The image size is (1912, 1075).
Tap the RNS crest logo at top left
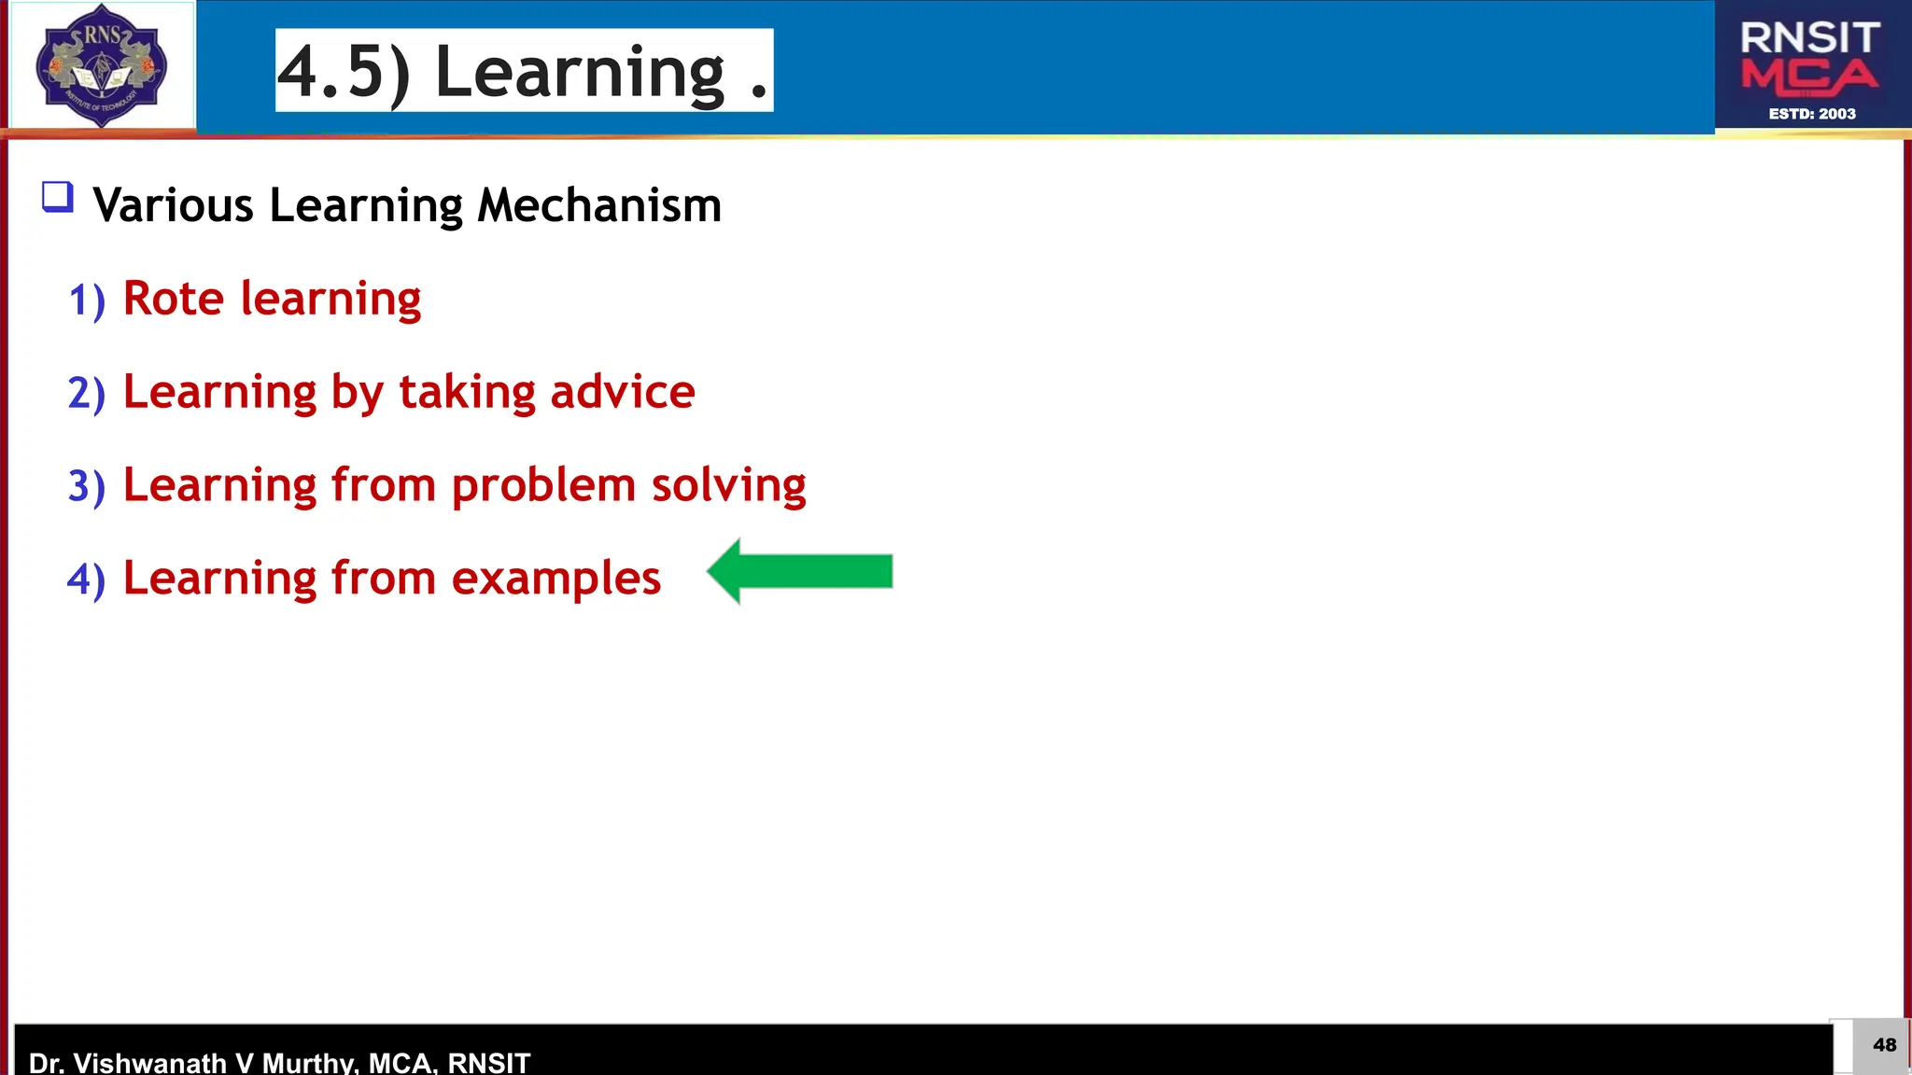[101, 65]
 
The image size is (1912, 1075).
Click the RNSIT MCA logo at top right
[1810, 65]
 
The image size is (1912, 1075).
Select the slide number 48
[1884, 1045]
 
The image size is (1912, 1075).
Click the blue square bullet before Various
[58, 198]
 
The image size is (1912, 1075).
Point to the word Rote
[174, 299]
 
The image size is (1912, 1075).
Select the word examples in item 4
[556, 579]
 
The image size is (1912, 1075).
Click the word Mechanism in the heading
[599, 205]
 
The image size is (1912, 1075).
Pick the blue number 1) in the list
[87, 300]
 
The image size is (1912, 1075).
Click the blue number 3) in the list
[87, 487]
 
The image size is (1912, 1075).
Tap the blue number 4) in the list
[87, 579]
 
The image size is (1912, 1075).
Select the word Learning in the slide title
[580, 72]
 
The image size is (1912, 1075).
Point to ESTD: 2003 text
[1812, 114]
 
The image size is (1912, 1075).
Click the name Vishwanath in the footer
[149, 1062]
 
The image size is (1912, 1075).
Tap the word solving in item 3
[728, 486]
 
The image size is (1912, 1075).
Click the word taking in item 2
[467, 392]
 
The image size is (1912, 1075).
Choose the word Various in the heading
[174, 205]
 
